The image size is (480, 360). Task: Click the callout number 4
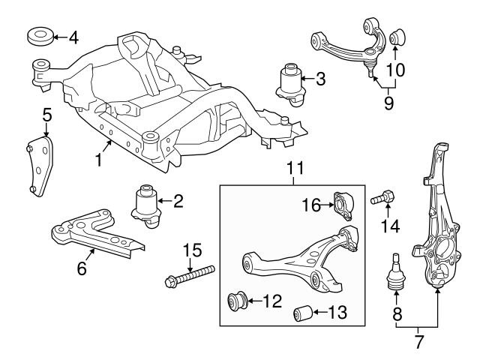[73, 37]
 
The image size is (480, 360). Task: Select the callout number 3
[320, 77]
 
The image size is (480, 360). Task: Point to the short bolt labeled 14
[382, 199]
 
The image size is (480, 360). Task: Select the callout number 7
[418, 343]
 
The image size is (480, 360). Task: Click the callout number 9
[388, 103]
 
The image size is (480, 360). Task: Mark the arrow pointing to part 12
[256, 302]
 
